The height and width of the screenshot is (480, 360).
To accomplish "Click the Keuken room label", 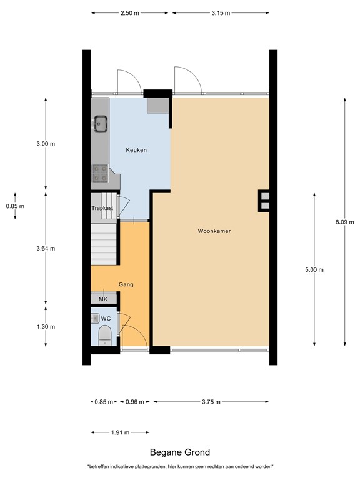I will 136,150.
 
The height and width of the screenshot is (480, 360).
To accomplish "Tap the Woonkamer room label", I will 214,231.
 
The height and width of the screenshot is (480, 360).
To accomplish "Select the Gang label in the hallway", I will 126,284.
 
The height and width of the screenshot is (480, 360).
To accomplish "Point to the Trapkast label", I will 102,207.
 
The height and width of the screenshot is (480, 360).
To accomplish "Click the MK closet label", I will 103,299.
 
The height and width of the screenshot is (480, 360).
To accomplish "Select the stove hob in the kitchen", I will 99,172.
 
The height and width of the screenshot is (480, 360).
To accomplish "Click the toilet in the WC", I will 105,334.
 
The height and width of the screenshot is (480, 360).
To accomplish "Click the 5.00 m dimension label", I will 314,270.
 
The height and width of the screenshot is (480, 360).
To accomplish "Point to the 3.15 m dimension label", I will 221,13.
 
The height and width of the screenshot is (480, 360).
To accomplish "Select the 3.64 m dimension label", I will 46,248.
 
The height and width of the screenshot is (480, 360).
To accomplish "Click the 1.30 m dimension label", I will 46,327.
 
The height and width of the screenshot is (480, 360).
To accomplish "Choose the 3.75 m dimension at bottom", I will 211,402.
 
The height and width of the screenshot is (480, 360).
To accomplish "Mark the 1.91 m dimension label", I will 121,432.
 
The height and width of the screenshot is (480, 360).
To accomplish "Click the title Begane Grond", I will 180,452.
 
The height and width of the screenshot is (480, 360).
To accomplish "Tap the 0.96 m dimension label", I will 135,402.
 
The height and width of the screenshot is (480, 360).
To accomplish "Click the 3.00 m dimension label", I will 46,144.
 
